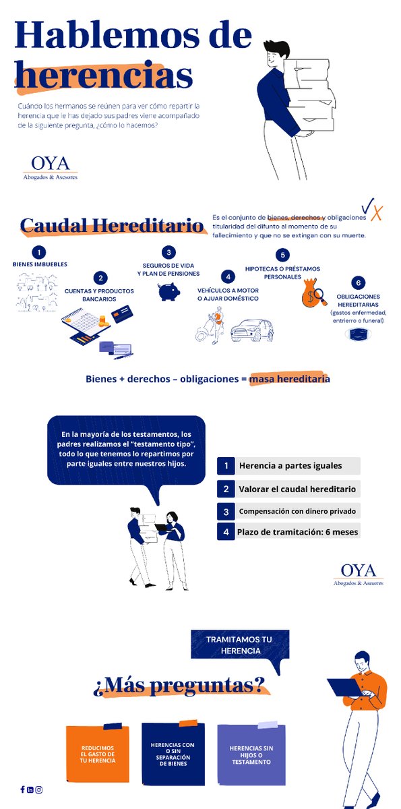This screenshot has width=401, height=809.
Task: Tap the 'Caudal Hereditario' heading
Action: (x=112, y=225)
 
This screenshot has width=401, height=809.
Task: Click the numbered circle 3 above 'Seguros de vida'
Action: (x=169, y=252)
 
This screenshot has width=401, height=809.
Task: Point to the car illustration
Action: (x=252, y=330)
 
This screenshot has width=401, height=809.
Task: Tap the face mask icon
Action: (x=359, y=334)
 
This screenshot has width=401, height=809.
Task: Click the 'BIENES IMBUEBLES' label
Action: (x=40, y=264)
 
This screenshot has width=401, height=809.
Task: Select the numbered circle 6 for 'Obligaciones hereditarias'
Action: (x=358, y=283)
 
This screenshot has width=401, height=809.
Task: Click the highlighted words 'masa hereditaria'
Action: (x=289, y=379)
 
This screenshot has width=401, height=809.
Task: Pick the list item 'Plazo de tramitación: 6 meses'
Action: (x=289, y=532)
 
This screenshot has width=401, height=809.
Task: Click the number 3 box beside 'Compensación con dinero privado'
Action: (x=226, y=510)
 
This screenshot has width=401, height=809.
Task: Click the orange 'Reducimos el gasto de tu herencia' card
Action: (x=98, y=755)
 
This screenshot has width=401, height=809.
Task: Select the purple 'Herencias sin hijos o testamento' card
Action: (x=251, y=755)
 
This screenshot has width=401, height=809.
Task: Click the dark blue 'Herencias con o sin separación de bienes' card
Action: (x=173, y=755)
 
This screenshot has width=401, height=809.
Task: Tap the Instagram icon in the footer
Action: (x=39, y=789)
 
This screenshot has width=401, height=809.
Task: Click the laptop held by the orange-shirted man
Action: (x=344, y=686)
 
